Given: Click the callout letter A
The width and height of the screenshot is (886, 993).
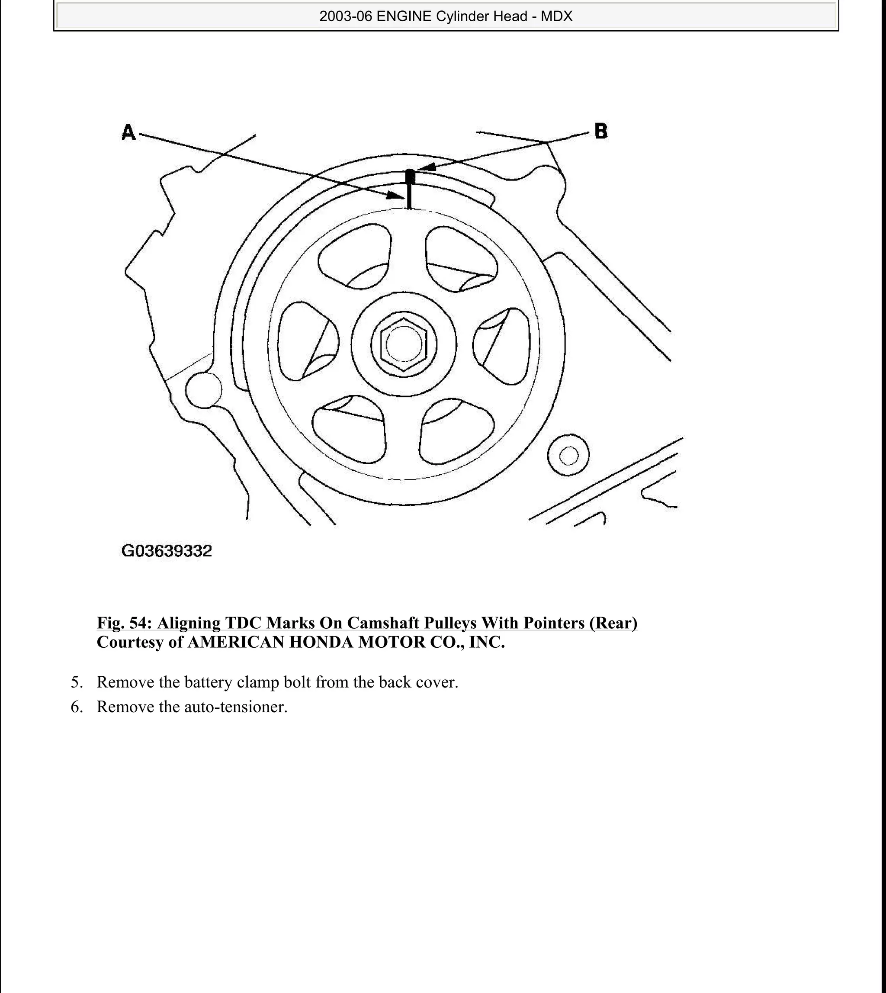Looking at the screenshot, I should coord(128,132).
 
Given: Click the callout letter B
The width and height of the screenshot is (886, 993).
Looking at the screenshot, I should coord(601,131).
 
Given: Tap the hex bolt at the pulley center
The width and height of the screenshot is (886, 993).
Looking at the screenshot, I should coord(404,344).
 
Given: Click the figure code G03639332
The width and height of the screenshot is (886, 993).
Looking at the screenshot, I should coord(167,552).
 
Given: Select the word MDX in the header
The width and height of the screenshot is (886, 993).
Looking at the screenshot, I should coord(556,17).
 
